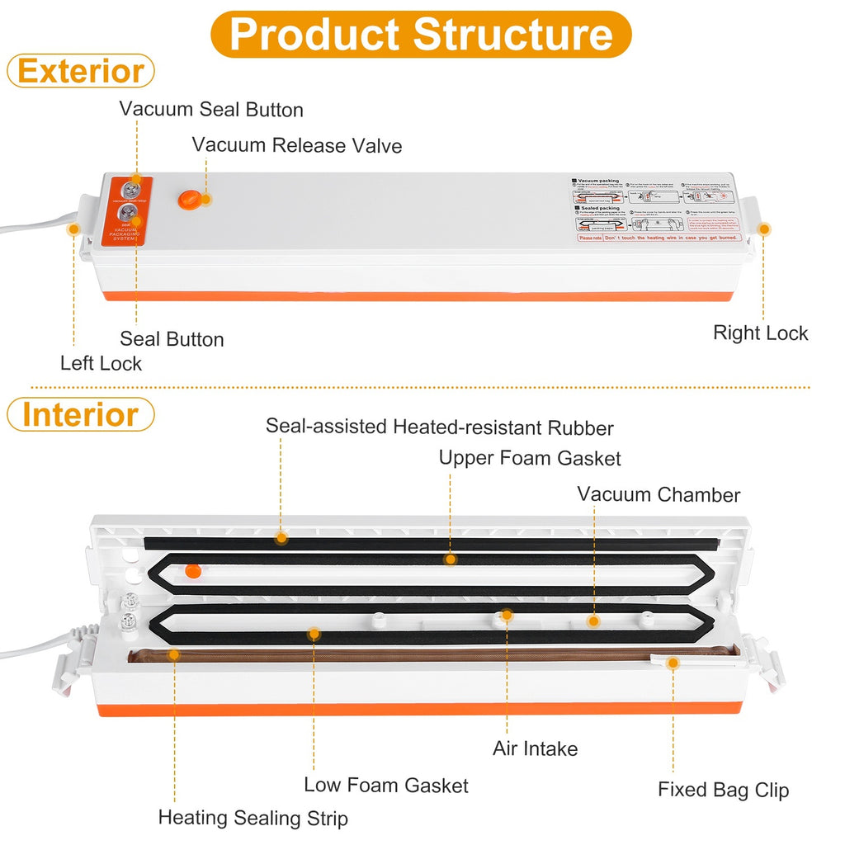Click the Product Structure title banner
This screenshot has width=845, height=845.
click(x=421, y=34)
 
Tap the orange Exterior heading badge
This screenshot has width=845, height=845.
click(x=81, y=71)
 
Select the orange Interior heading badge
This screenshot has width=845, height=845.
click(x=80, y=414)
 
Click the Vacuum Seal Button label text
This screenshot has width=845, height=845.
click(x=211, y=110)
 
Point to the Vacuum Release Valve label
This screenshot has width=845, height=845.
click(x=297, y=146)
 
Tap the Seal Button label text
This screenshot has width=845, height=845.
click(x=172, y=339)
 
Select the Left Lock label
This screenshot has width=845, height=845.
click(x=101, y=363)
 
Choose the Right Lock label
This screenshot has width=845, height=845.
click(x=760, y=333)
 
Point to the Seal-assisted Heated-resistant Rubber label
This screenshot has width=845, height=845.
click(x=440, y=427)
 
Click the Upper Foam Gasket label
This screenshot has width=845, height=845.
click(x=530, y=458)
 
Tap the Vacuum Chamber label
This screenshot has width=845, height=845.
click(x=659, y=494)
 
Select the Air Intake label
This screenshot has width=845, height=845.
click(x=536, y=748)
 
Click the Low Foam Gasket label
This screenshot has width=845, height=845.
click(x=386, y=785)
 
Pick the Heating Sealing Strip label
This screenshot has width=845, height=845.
click(x=253, y=818)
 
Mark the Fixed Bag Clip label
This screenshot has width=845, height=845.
click(x=723, y=790)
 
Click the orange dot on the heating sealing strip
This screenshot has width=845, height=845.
click(x=174, y=654)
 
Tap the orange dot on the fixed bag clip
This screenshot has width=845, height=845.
click(x=673, y=662)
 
